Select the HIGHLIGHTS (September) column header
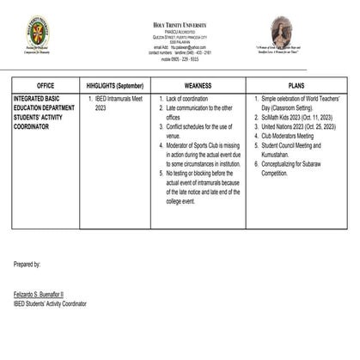pos(116,86)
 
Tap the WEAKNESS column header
pos(198,86)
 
